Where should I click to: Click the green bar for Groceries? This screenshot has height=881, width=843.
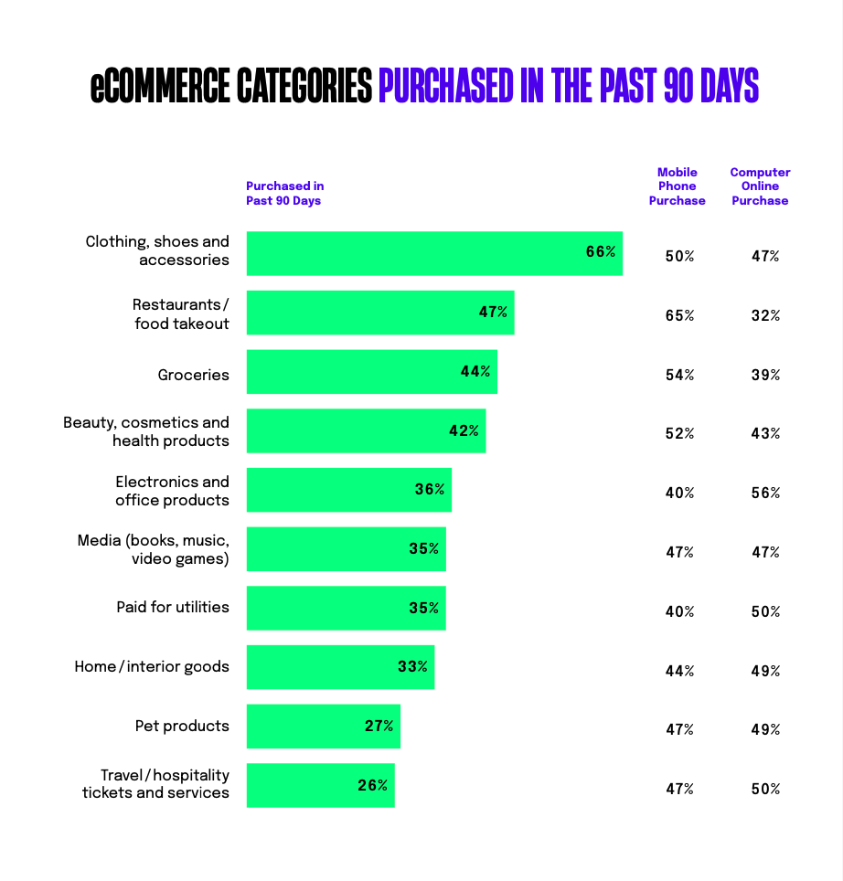(371, 372)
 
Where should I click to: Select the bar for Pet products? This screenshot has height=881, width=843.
(323, 727)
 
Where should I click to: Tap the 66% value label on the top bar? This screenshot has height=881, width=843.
(601, 251)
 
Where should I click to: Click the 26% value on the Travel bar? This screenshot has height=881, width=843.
(372, 785)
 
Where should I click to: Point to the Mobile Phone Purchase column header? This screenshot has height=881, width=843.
(678, 186)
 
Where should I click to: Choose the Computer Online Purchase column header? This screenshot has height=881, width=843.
(760, 186)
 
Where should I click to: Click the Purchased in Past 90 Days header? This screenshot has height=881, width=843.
(284, 193)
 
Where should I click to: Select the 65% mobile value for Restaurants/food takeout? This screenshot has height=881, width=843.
(679, 315)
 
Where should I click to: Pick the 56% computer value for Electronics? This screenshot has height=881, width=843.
(765, 493)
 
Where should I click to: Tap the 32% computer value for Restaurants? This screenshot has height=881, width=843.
(765, 315)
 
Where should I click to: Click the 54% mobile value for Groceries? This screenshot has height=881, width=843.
(679, 375)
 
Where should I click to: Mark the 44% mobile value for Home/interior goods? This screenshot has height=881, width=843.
(679, 671)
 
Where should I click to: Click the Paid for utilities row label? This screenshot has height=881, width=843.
(173, 607)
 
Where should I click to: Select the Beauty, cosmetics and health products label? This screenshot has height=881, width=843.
(146, 431)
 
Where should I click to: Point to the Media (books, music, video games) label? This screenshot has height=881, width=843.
(153, 549)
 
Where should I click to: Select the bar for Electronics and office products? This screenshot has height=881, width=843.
(348, 490)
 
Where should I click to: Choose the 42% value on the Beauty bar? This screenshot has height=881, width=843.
(464, 430)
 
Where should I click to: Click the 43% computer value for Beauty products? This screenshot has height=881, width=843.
(765, 433)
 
